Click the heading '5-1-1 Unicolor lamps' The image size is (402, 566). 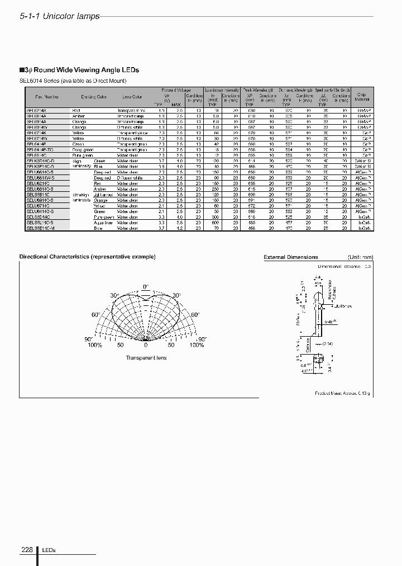60,16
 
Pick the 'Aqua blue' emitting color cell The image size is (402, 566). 104,223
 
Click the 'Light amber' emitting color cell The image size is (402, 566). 104,195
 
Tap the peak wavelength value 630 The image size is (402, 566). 252,111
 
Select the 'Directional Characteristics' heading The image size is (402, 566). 88,257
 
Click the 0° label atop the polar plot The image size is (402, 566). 146,287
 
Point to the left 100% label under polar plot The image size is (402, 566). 95,345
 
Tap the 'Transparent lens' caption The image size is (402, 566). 146,357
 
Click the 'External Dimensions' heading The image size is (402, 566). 290,257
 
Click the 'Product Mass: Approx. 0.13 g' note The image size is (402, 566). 343,393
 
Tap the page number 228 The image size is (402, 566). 27,550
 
